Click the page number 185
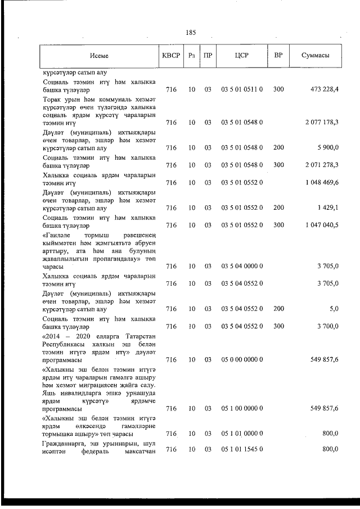tap(190, 32)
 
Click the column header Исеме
tap(98, 56)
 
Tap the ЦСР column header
tap(242, 56)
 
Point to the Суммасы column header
tap(315, 56)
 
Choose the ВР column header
tap(278, 56)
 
